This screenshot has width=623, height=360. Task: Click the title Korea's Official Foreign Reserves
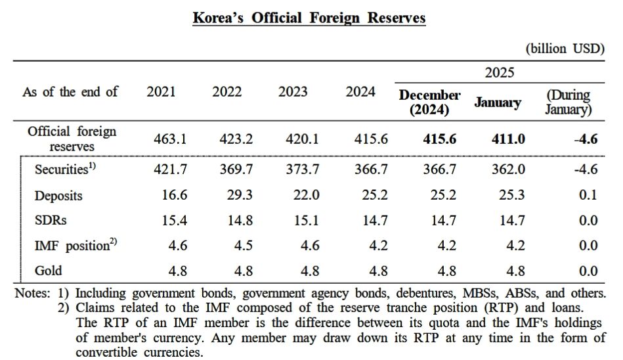coord(309,17)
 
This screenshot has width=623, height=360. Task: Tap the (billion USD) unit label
coord(565,49)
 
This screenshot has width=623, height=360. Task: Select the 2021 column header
coord(161,92)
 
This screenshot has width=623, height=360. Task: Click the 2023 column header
coord(293,92)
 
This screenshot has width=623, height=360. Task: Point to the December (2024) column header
coord(429,102)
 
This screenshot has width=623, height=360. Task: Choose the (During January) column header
coord(568,102)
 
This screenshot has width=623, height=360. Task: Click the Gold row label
coord(49,271)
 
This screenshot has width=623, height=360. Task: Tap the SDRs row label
coord(51,221)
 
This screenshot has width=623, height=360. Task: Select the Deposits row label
coord(58,196)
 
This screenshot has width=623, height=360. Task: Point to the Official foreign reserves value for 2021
coord(170,139)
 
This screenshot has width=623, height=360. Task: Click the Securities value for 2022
coord(236,169)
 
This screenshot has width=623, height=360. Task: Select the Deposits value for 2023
coord(306,195)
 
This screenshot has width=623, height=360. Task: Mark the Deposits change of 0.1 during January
coord(588,195)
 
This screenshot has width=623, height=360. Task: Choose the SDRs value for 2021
coord(175,221)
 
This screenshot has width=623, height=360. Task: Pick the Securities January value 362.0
coord(508,169)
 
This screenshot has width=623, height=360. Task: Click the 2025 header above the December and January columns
coord(500,72)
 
